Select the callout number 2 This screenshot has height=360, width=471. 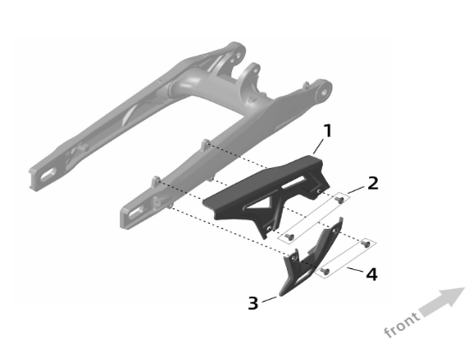point(373,183)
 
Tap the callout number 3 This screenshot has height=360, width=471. point(253,303)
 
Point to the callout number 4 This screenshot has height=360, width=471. point(373,276)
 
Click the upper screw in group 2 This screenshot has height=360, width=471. point(340,200)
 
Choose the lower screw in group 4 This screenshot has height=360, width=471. point(326,273)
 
